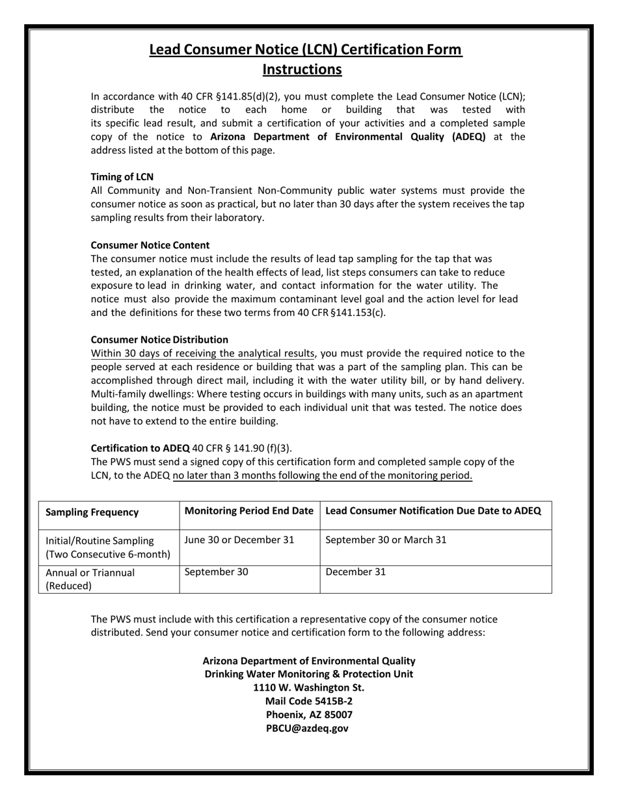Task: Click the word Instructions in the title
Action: pyautogui.click(x=302, y=70)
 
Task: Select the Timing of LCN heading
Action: pyautogui.click(x=122, y=177)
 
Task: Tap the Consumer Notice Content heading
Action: pyautogui.click(x=150, y=245)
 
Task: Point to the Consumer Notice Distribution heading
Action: pyautogui.click(x=159, y=340)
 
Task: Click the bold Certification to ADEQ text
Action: pyautogui.click(x=141, y=448)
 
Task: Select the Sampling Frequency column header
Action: pyautogui.click(x=92, y=512)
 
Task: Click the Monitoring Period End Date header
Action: pyautogui.click(x=249, y=511)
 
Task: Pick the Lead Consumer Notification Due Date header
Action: pyautogui.click(x=433, y=511)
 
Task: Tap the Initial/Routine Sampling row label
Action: pyautogui.click(x=100, y=548)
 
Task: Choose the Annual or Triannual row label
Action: pyautogui.click(x=90, y=579)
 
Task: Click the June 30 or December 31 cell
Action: pyautogui.click(x=239, y=540)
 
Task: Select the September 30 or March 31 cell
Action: pyautogui.click(x=386, y=540)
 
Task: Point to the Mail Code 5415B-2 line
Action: pyautogui.click(x=309, y=701)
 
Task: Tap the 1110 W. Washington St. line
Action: pyautogui.click(x=309, y=687)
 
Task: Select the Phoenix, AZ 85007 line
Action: pyautogui.click(x=309, y=715)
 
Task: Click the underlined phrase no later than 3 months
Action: pyautogui.click(x=225, y=475)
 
